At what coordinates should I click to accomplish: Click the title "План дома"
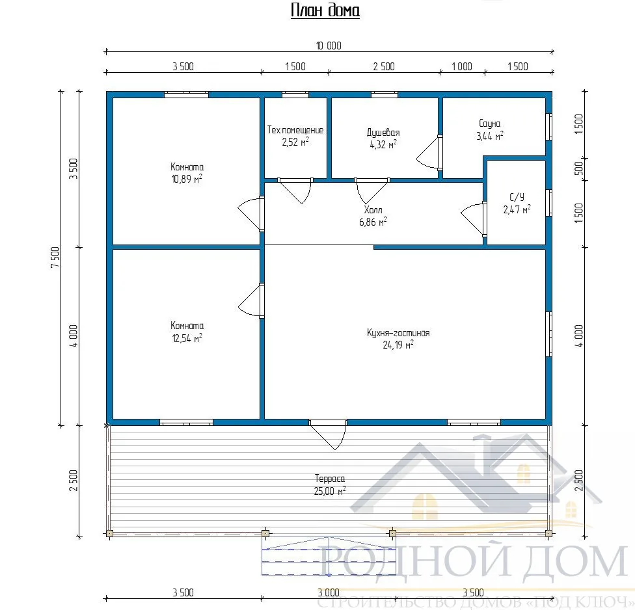coord(325,11)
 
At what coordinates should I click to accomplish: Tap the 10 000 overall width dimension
coord(329,46)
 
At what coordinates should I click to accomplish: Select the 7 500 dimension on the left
coord(55,257)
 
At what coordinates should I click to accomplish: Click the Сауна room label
coord(490,124)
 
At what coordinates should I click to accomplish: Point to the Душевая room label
coord(383,133)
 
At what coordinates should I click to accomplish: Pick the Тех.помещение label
coord(295,130)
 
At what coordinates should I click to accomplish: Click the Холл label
coord(373,209)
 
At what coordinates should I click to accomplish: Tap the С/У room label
coord(517,197)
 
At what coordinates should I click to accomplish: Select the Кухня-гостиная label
coord(398,333)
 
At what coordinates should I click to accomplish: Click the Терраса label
coord(330,479)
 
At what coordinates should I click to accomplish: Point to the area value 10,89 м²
coord(187,179)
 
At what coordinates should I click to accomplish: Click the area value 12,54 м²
coord(187,338)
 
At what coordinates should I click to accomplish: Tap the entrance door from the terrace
coord(329,434)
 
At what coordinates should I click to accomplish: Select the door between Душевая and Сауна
coord(431,152)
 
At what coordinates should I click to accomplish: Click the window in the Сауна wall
coord(548,127)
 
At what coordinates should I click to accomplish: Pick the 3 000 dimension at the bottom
coord(329,592)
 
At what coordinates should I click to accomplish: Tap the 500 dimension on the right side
coord(579,168)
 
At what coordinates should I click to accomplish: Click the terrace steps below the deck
coord(329,556)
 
